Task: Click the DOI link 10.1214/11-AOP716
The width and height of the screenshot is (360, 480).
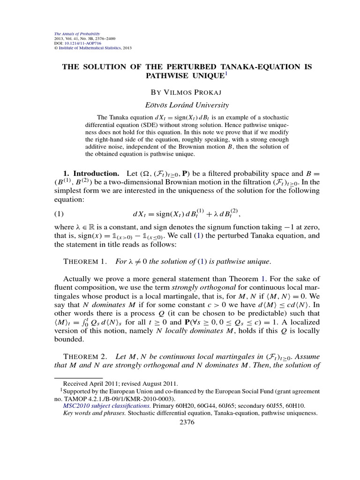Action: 81,43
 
